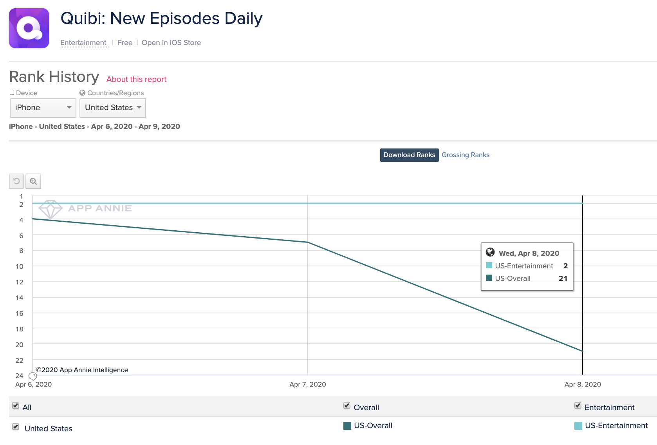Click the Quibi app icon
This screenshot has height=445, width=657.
(x=29, y=28)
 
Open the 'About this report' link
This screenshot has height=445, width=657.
(x=136, y=79)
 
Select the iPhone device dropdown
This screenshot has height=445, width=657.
(x=43, y=108)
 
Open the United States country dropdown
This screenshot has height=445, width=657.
(x=113, y=108)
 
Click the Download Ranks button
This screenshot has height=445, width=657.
(x=409, y=155)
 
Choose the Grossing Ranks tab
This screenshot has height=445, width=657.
(x=466, y=155)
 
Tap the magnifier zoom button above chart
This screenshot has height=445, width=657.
(x=33, y=181)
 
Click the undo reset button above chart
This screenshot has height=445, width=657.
(x=16, y=181)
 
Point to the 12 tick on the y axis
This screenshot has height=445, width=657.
(x=20, y=282)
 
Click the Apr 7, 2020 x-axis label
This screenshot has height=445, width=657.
(x=308, y=384)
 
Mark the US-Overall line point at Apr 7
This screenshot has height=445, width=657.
(x=308, y=242)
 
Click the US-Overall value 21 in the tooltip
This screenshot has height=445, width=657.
(x=563, y=279)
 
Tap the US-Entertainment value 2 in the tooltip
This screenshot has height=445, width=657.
(x=565, y=266)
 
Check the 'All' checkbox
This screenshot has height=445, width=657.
(x=16, y=405)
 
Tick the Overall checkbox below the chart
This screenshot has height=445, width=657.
(x=347, y=405)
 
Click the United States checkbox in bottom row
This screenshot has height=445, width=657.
(x=16, y=427)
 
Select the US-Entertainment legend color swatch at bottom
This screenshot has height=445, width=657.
(x=578, y=426)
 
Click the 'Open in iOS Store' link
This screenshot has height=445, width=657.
(x=171, y=43)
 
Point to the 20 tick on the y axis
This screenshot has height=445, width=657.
(x=20, y=345)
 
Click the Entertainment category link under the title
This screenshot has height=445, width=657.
(x=83, y=43)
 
